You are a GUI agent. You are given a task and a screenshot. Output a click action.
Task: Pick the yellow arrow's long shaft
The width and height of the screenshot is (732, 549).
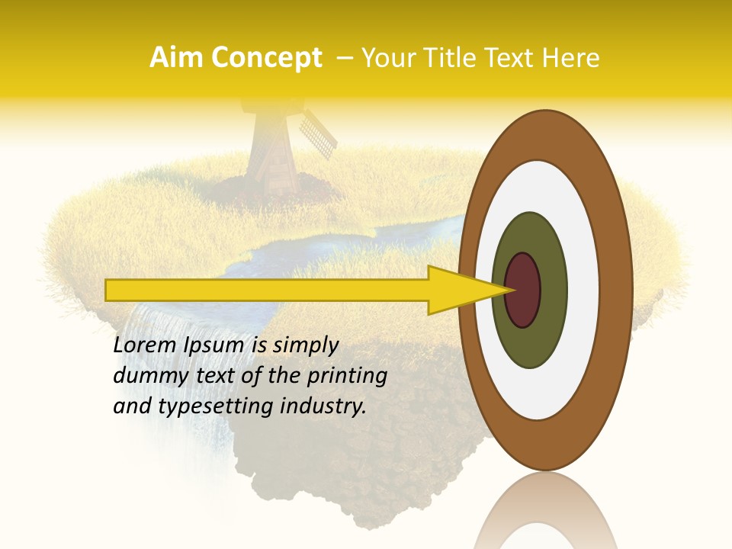tap(267, 290)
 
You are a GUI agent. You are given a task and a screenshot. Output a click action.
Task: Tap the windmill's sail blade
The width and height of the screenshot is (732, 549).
tap(317, 133)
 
